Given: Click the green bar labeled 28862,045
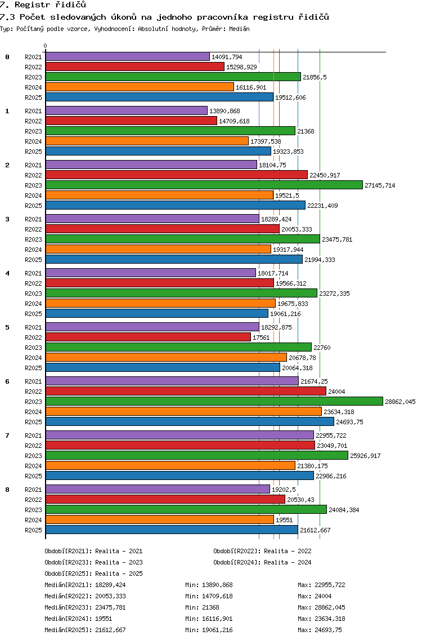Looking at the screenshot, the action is (x=214, y=401).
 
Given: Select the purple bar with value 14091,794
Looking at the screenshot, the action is (x=128, y=56).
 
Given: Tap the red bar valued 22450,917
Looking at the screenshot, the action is (x=177, y=175).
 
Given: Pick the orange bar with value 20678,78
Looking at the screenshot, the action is (x=166, y=357).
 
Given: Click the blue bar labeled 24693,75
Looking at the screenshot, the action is (x=190, y=421).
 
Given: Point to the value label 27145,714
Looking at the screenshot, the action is (x=380, y=185).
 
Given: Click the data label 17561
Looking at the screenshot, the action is (x=261, y=337).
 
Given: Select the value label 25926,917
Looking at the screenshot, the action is (x=365, y=456).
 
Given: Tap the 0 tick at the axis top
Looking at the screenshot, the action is (x=45, y=46).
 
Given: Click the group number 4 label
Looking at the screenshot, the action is (x=7, y=273).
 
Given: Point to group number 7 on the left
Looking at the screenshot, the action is (x=7, y=435).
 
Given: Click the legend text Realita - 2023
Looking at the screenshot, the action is (x=119, y=562).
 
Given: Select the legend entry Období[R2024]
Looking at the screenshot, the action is (x=237, y=562).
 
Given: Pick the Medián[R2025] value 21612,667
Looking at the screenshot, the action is (x=110, y=630).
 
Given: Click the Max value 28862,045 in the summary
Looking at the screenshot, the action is (x=330, y=607).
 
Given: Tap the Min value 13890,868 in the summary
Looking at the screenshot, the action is (x=217, y=585).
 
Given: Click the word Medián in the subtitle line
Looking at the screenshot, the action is (x=239, y=29).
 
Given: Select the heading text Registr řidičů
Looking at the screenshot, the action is (x=51, y=5).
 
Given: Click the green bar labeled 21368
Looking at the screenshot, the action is (x=170, y=131).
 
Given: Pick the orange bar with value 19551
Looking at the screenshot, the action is (x=160, y=519).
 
